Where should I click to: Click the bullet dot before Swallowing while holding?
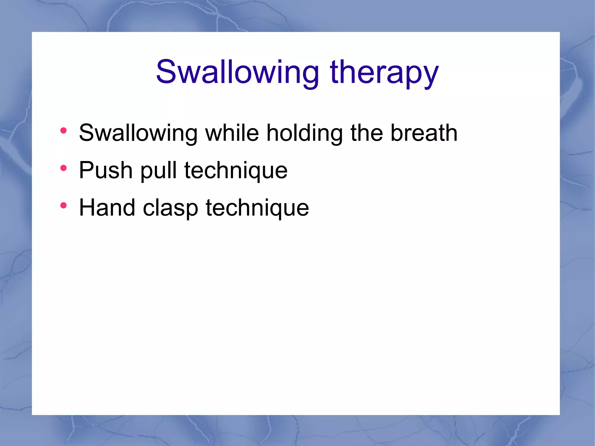pos(64,130)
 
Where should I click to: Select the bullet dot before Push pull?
pos(64,168)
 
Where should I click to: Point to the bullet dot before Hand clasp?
pos(64,205)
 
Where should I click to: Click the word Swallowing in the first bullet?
pos(138,134)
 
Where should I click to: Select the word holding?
pos(305,134)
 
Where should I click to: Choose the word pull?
pos(159,171)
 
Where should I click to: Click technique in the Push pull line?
pos(236,171)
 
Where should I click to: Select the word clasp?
pos(171,209)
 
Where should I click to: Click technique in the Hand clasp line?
pos(257,209)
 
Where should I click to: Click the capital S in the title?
pos(167,71)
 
